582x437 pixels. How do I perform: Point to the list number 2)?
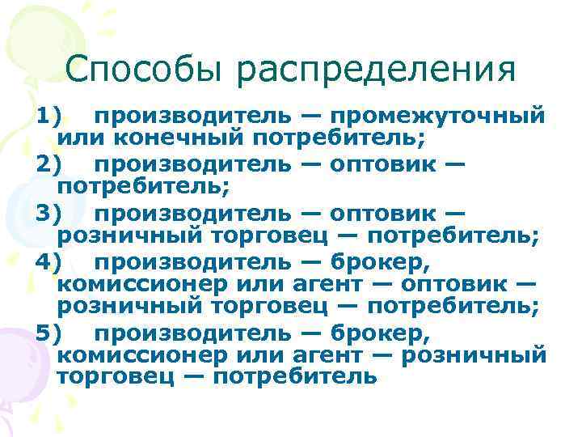48,166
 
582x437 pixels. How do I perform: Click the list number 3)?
48,214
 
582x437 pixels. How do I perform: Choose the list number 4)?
48,261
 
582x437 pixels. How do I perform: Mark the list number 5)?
48,333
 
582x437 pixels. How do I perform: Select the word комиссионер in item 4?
144,285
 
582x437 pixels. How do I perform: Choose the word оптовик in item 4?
457,285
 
